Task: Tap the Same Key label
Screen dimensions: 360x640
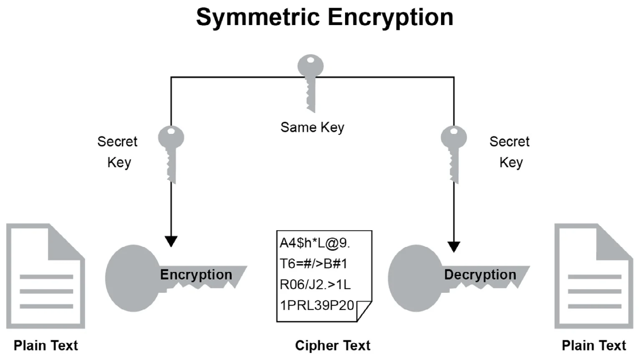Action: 312,127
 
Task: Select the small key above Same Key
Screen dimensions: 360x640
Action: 310,81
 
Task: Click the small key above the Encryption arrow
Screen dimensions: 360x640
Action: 171,152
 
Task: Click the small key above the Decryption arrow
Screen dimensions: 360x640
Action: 454,152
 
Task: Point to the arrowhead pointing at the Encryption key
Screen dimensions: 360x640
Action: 171,241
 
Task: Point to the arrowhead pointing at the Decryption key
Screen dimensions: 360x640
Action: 454,246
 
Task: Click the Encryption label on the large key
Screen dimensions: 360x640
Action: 196,274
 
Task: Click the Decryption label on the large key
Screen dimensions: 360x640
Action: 480,274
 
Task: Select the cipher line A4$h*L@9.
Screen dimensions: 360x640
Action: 315,243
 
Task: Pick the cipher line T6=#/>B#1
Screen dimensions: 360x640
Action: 313,264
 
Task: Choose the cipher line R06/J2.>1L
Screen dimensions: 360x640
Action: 315,284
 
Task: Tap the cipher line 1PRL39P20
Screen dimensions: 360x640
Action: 317,305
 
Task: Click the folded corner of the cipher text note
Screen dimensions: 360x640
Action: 363,310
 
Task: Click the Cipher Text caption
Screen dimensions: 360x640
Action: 333,345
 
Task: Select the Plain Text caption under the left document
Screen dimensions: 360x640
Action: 46,345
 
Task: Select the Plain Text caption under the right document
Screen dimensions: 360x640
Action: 594,345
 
